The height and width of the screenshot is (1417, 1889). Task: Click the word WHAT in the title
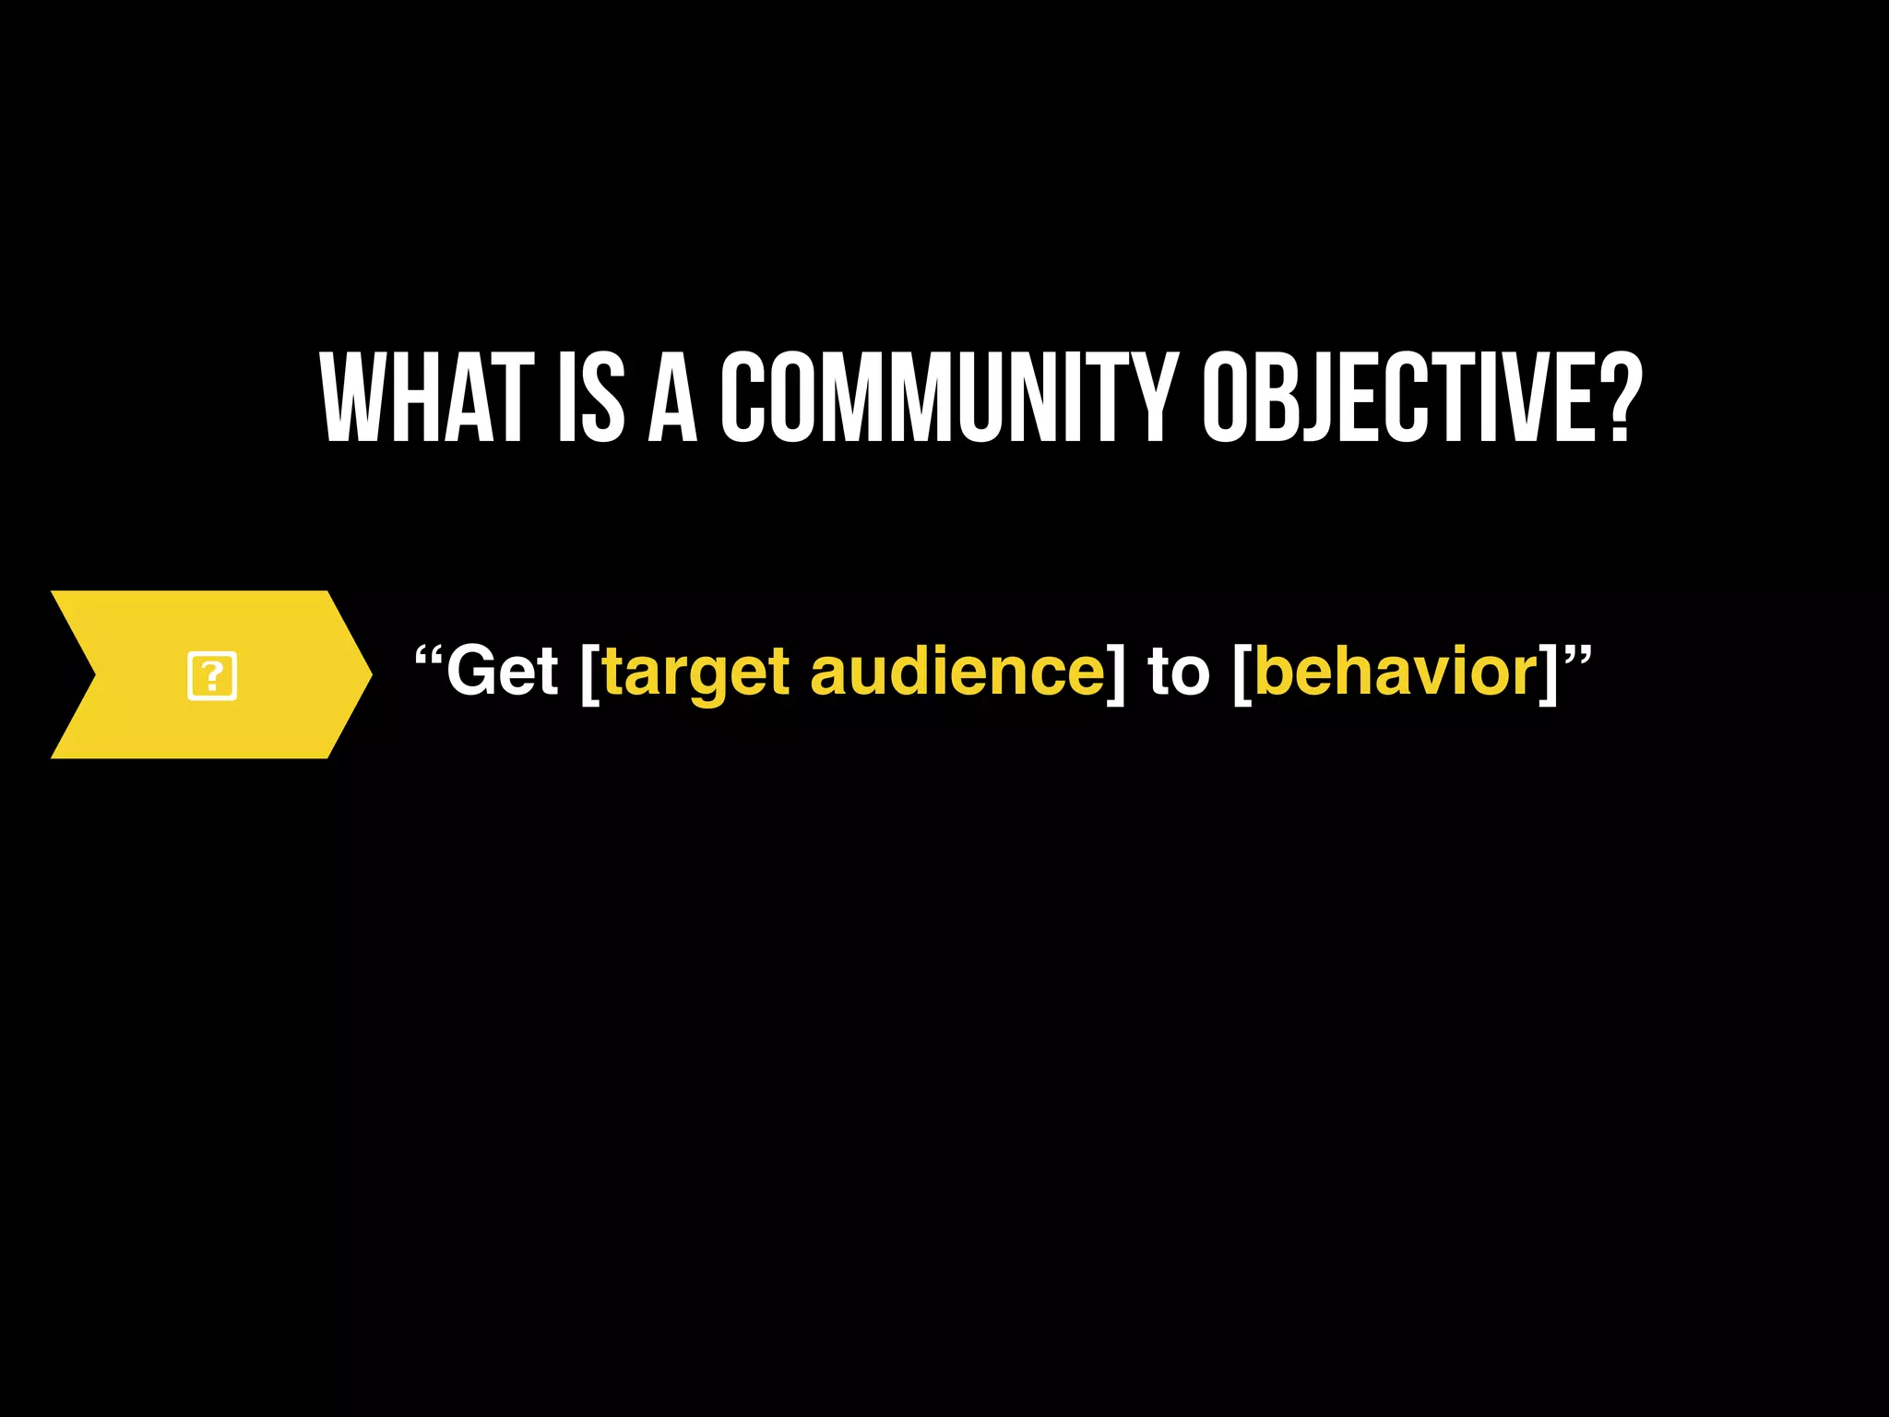tap(427, 399)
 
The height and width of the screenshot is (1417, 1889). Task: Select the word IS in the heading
tap(591, 399)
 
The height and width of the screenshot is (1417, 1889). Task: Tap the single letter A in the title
tap(673, 399)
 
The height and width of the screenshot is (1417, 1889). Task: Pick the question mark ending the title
tap(1620, 399)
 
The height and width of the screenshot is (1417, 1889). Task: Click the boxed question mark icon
tap(212, 676)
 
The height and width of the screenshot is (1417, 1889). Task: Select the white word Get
tap(502, 672)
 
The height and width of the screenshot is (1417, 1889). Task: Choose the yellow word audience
tap(957, 672)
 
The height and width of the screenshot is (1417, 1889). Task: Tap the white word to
tap(1178, 672)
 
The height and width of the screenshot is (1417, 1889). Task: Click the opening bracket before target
tap(589, 673)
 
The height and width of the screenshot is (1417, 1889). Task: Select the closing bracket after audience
tap(1116, 673)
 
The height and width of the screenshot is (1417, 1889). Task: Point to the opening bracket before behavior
tap(1242, 673)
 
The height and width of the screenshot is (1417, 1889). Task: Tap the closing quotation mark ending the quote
tap(1578, 658)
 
